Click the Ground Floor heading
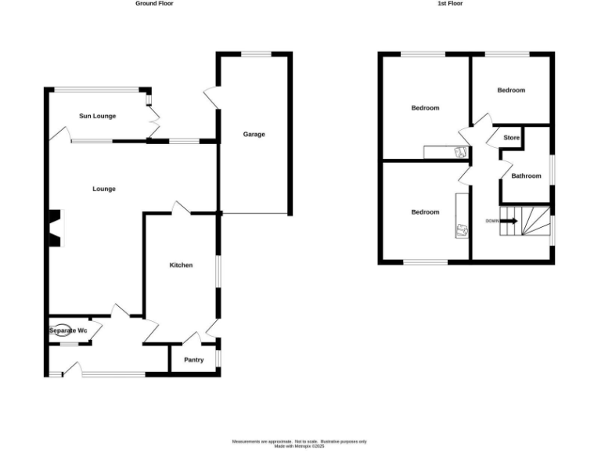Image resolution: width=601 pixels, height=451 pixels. point(154,4)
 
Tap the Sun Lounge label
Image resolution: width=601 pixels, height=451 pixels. point(98,117)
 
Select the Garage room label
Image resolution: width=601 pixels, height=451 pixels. point(254,135)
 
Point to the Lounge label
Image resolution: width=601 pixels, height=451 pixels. point(104,189)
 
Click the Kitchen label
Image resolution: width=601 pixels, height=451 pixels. point(182,265)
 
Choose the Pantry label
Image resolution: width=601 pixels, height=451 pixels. point(193,360)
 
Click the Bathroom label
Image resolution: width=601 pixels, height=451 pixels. point(526,176)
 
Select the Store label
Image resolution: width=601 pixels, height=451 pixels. point(511,139)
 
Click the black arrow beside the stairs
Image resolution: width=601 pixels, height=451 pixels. point(509,221)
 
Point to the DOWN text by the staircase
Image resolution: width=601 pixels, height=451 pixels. point(492,221)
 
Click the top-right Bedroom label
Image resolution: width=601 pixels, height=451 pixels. point(511,91)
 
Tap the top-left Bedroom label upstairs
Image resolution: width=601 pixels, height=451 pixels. point(425,108)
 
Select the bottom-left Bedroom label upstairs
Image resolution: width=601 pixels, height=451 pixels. point(425,212)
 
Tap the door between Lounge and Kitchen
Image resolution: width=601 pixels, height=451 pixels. point(181,208)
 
